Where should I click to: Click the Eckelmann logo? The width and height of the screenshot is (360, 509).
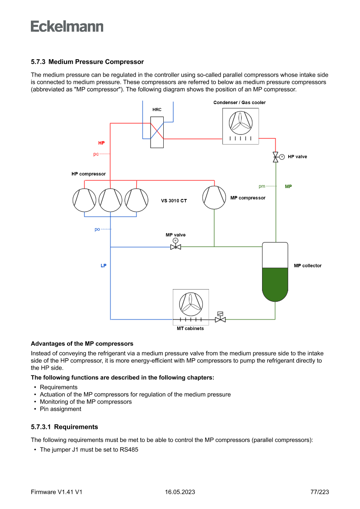click(x=67, y=26)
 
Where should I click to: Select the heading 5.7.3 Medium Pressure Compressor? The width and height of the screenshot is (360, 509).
click(x=87, y=62)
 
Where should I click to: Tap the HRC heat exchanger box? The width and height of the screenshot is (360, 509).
click(x=157, y=132)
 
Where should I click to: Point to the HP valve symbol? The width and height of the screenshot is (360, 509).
click(x=276, y=157)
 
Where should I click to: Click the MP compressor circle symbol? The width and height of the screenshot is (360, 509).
click(x=214, y=197)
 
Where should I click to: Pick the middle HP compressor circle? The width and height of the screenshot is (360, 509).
click(x=111, y=200)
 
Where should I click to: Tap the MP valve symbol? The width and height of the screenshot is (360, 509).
click(x=175, y=247)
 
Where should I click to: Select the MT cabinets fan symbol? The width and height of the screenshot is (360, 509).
click(x=191, y=303)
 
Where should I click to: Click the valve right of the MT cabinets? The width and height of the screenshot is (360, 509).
click(x=220, y=319)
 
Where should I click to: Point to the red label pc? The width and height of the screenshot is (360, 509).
click(x=96, y=154)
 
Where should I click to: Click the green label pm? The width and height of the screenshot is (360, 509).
click(x=262, y=186)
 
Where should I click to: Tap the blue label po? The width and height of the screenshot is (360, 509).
click(x=97, y=229)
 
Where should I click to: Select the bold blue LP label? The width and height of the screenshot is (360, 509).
click(x=103, y=266)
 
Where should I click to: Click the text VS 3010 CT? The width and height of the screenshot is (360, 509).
click(x=174, y=201)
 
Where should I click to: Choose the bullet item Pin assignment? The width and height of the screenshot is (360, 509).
click(x=60, y=409)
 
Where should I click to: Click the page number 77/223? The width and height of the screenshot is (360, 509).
click(x=320, y=492)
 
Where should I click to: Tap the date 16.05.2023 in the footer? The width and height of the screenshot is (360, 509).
click(x=180, y=492)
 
